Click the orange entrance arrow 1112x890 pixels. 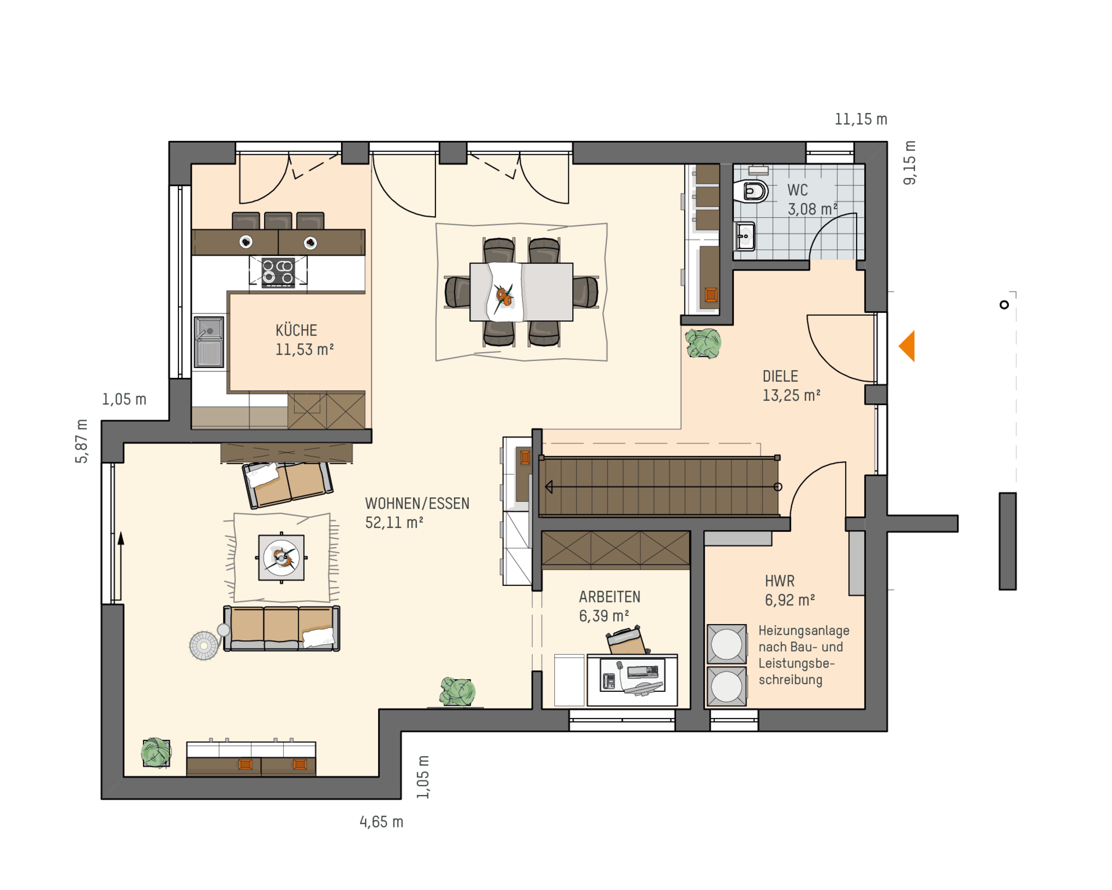[x=908, y=346]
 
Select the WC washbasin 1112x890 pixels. [x=745, y=236]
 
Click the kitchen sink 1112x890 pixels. [x=209, y=342]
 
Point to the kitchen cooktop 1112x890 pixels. [x=278, y=272]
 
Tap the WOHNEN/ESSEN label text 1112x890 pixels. [x=417, y=504]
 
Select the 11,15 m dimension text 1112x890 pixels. [x=861, y=119]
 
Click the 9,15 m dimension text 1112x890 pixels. [x=910, y=163]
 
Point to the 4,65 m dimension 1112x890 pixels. [x=381, y=822]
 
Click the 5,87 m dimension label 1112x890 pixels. [x=82, y=441]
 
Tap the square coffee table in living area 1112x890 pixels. [x=281, y=557]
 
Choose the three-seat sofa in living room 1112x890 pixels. [x=281, y=628]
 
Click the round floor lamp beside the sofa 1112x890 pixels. [x=204, y=645]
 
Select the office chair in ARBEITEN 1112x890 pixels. [x=627, y=641]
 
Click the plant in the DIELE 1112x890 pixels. [x=704, y=343]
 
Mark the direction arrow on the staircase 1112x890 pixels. [x=664, y=487]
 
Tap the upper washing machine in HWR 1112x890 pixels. [x=726, y=644]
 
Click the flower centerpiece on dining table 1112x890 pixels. [x=503, y=296]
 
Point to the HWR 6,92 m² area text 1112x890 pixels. [x=790, y=600]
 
